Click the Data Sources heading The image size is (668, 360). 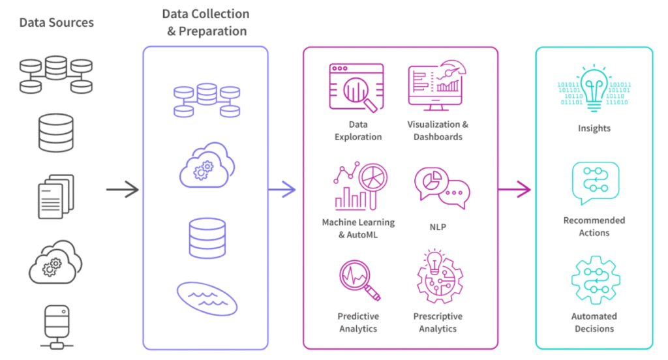[x=56, y=23]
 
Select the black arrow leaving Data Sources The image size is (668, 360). [x=123, y=190]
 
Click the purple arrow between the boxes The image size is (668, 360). [x=282, y=190]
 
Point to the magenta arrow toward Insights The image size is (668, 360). [x=515, y=190]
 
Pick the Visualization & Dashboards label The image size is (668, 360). [x=438, y=130]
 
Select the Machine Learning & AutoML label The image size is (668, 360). [x=358, y=228]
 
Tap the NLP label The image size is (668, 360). [x=438, y=228]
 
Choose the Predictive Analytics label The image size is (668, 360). [x=358, y=322]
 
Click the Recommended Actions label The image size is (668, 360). [x=594, y=226]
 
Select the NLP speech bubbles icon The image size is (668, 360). [x=442, y=187]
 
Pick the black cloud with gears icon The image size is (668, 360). [x=55, y=263]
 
